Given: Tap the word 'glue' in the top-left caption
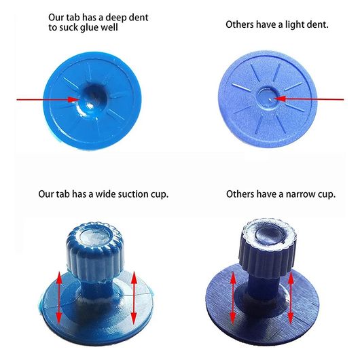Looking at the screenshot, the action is point(89,28).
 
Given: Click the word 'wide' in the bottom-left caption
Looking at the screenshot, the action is point(105,194).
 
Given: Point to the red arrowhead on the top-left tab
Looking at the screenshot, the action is point(74,100).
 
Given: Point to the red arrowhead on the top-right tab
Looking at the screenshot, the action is point(280,99).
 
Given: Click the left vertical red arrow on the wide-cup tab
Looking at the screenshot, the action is point(59,298).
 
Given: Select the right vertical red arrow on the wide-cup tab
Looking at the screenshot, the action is point(134,298).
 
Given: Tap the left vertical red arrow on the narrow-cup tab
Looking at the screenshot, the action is point(233,298).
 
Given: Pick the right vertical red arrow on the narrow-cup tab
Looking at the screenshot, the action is point(291,298).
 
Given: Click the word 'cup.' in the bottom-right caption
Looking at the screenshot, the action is point(327,195).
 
